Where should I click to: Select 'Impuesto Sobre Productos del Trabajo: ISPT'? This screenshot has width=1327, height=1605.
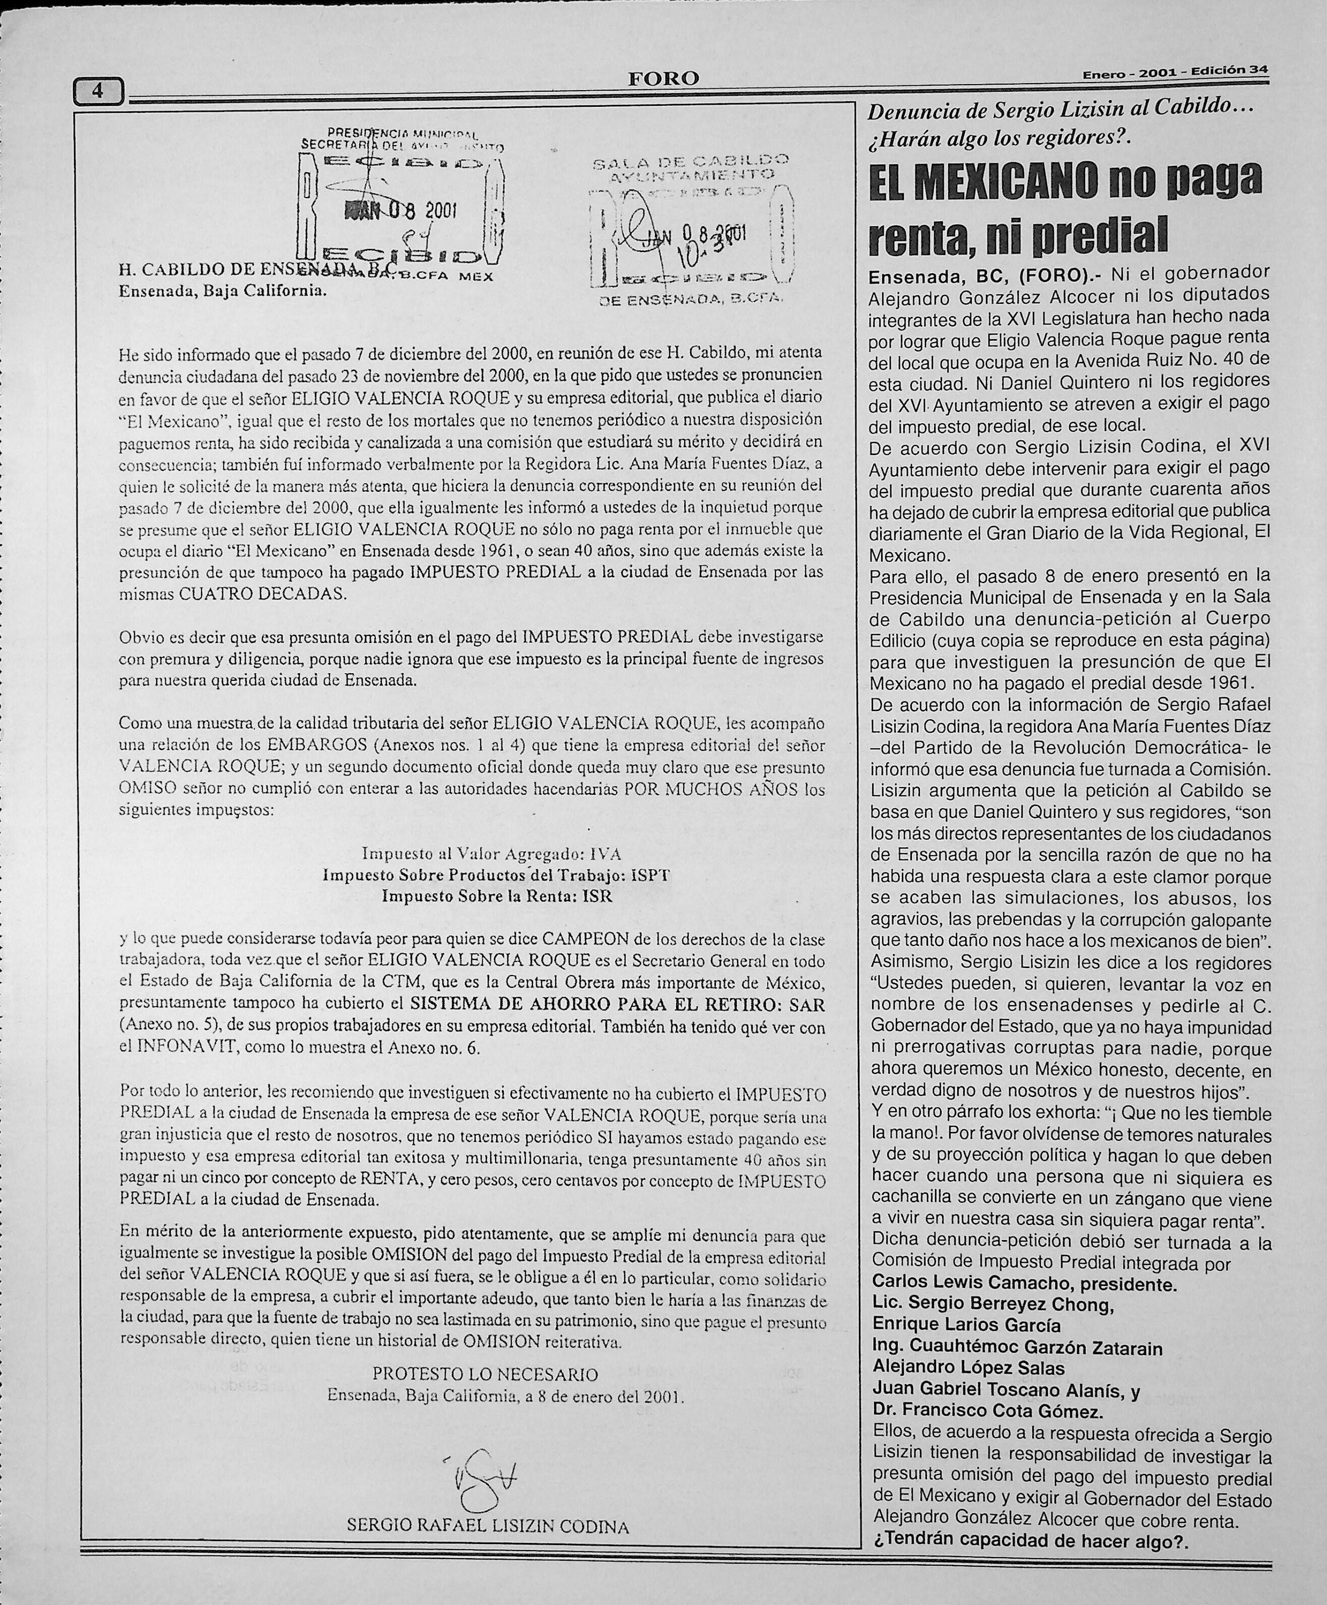497,875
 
